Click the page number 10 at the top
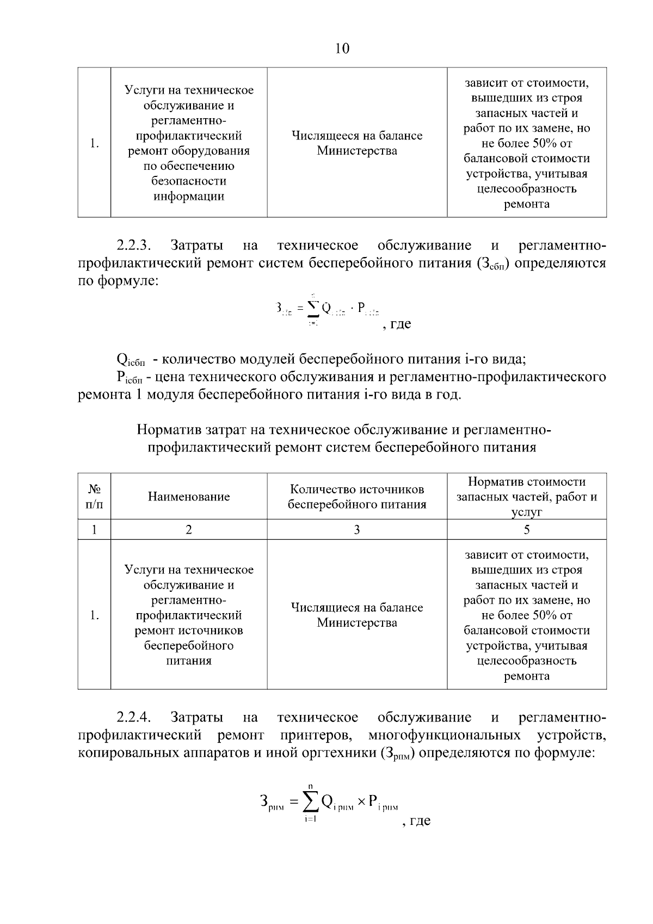342,49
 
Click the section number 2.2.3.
133,246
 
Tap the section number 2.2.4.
133,717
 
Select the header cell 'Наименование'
189,497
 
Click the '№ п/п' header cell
94,497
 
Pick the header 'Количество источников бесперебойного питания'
357,497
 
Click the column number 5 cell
526,529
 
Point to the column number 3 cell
357,529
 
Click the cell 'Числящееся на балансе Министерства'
357,143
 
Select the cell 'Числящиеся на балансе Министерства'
357,615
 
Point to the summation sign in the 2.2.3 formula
312,309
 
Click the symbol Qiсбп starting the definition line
130,360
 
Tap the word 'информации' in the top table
189,197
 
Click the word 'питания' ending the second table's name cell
189,661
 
